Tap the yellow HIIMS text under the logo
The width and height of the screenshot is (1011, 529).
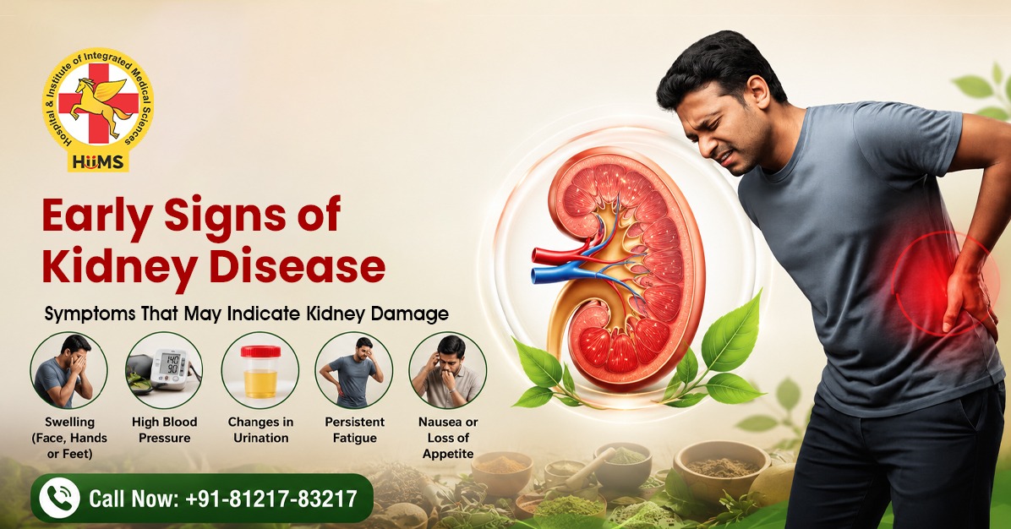98,161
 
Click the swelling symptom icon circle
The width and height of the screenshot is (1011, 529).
69,370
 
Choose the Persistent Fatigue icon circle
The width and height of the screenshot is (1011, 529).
354,370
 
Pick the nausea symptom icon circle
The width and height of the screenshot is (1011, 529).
448,370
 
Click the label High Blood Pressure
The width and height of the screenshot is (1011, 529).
165,430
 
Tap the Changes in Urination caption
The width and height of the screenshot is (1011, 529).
260,430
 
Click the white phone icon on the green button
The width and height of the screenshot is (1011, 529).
59,498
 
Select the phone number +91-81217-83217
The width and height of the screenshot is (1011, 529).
271,498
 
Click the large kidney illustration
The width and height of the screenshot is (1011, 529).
619,267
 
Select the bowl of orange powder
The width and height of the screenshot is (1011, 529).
501,468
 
